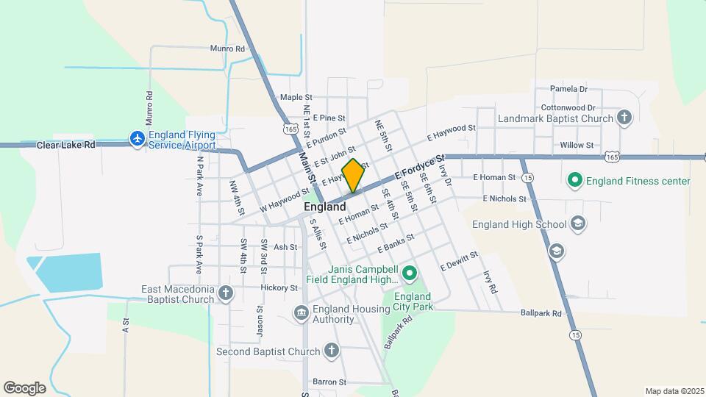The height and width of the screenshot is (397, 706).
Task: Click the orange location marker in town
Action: coord(353,175)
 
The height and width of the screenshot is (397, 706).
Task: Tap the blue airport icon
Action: coord(137,138)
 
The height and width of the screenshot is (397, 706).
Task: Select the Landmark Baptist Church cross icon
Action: coord(624,118)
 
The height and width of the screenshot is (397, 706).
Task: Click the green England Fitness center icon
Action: coord(574,181)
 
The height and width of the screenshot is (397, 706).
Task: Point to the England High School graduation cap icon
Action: coord(578,224)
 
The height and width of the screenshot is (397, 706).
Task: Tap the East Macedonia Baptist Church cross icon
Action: coord(226,294)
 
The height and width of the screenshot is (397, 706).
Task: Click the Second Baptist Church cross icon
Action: coord(332,351)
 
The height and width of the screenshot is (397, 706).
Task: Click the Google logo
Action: coord(24,388)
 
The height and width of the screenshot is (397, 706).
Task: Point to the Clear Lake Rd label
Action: coord(66,146)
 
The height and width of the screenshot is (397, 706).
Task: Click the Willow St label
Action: coord(577,146)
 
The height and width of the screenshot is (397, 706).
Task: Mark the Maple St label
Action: coord(296,97)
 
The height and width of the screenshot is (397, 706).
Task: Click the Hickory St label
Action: coord(282,287)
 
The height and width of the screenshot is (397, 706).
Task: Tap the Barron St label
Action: coord(329,382)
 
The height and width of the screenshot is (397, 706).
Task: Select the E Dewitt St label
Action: coord(459,260)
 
